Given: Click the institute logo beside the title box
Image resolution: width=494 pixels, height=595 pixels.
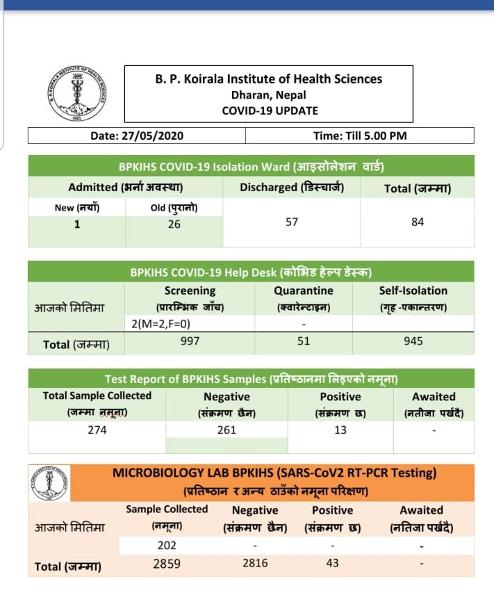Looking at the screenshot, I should pos(76,95).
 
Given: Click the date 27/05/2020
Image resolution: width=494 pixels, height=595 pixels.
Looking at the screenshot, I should pos(137,136).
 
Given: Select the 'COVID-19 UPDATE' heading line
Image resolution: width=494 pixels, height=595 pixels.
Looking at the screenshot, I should pos(270,110).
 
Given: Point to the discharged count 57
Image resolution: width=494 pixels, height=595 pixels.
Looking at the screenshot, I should pos(292,222).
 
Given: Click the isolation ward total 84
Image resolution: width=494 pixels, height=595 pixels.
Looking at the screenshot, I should pos(418,222).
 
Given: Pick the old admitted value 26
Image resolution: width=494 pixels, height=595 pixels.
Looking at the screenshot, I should pos(174,224).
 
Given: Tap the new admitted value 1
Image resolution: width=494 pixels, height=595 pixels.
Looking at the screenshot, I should pos(77,224).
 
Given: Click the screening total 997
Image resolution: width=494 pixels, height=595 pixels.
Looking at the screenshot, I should pos(190,341).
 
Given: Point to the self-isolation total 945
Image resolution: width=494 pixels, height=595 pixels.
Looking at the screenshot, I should pos(413,341).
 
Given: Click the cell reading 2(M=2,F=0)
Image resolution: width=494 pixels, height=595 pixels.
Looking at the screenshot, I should pos(161,324).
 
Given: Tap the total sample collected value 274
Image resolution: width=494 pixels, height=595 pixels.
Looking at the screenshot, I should pos(97,430).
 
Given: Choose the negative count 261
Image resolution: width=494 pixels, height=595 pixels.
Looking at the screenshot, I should pos(227,430).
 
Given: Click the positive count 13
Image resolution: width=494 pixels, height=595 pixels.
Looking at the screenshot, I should pos(340,430).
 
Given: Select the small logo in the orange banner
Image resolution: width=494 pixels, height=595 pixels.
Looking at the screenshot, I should pos(50,484).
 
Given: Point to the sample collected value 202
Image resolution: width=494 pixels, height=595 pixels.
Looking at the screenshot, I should pos(167,546).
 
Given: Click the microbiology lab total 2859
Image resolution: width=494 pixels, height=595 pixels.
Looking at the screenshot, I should pos(167,563).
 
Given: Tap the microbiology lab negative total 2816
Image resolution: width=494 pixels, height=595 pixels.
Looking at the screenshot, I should pos(255,563).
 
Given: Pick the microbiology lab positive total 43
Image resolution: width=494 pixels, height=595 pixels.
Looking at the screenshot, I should pos(333,563).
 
